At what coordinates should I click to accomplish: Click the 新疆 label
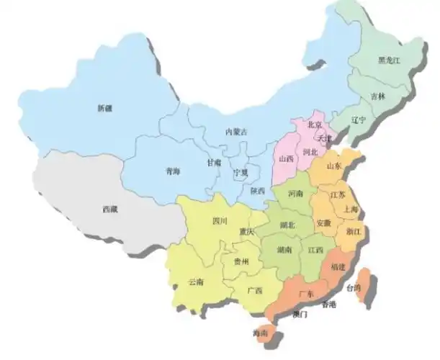point(105,108)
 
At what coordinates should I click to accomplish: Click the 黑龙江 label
point(390,61)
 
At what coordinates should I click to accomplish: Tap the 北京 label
point(315,124)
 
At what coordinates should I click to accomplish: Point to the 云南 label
point(195,282)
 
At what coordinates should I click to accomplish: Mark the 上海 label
point(351,209)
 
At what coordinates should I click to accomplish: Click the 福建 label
point(337,266)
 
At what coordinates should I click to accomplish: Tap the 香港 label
point(329,305)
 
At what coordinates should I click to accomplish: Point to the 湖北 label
point(287,225)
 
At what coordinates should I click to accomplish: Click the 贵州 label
point(241,262)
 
